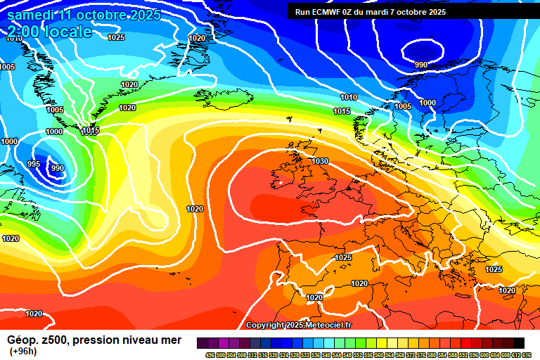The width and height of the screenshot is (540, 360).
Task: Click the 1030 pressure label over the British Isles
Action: click(320, 161)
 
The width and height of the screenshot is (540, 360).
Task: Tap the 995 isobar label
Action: click(34, 164)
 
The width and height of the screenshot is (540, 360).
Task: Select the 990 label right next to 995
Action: click(58, 169)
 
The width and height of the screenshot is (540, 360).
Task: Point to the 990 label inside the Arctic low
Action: click(421, 65)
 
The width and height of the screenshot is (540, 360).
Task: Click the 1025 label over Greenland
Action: click(117, 37)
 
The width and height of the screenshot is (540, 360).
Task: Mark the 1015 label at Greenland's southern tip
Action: click(91, 131)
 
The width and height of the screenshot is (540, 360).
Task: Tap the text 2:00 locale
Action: click(51, 32)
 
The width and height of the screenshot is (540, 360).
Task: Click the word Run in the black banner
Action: click(302, 12)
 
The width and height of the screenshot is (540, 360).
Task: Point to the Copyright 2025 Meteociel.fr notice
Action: click(298, 325)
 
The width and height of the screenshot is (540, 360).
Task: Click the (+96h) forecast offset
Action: click(24, 351)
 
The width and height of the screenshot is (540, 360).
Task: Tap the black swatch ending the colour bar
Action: click(518, 343)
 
